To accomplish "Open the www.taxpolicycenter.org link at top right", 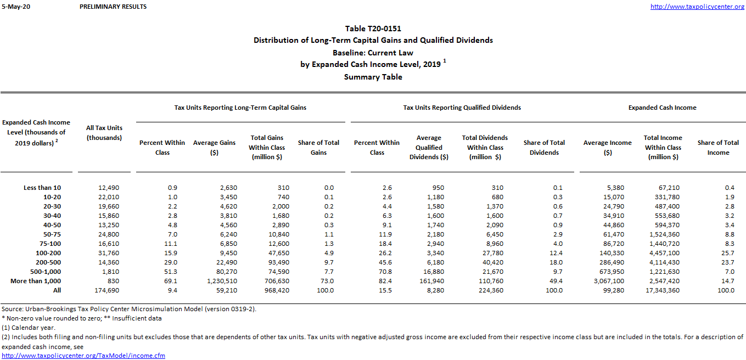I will (697, 7).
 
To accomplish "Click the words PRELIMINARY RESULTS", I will (113, 7).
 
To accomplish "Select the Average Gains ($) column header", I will (214, 148).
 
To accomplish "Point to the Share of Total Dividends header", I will (544, 148).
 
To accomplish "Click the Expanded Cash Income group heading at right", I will (662, 108).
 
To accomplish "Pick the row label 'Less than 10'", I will (42, 188).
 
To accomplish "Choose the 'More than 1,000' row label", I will (36, 281).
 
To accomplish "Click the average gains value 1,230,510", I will (219, 281).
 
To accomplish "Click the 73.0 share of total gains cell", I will (325, 281).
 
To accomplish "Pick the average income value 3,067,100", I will (608, 281).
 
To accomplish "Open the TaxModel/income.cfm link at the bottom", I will (83, 356).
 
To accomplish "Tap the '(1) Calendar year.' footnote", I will (28, 328).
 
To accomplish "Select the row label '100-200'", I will (49, 253).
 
